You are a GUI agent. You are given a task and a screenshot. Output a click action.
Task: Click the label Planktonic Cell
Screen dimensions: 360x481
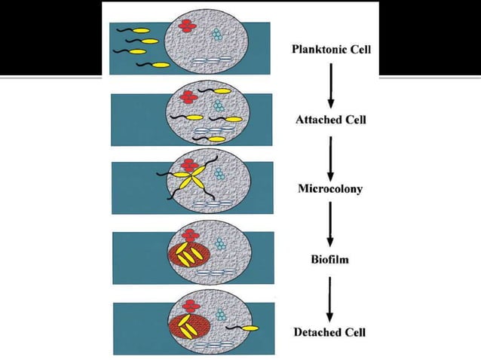[x=331, y=50]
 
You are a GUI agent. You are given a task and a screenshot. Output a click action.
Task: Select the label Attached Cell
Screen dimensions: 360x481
[x=330, y=120]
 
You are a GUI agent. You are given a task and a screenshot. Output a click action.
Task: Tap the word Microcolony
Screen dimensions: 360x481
[x=330, y=188]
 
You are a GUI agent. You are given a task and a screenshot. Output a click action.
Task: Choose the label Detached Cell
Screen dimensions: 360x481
[x=330, y=331]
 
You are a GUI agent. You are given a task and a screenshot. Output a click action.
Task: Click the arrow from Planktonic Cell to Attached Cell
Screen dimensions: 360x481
[x=330, y=84]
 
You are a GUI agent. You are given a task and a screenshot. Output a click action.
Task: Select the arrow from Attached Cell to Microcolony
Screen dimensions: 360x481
[x=330, y=154]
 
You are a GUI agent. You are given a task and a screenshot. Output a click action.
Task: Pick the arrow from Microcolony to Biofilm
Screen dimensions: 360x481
[x=330, y=225]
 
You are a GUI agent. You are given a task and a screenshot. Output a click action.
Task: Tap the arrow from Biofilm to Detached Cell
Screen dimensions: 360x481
[x=330, y=296]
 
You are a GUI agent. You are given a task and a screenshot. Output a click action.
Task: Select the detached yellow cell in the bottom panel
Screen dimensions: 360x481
[x=250, y=328]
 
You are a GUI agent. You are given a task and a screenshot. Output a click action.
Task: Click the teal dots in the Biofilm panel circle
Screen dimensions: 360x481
[x=219, y=243]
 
